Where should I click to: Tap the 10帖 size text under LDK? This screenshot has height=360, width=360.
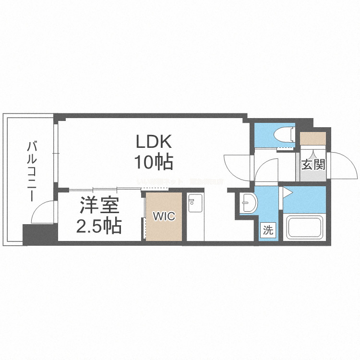[153, 163]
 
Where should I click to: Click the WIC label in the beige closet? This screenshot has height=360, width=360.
[164, 216]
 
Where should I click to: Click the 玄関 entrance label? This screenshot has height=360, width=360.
[313, 165]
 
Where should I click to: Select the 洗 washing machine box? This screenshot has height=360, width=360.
[268, 230]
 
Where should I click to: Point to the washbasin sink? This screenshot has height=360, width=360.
[249, 204]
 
